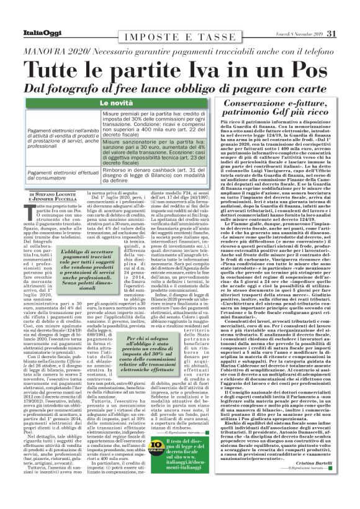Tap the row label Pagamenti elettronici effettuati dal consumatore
pyautogui.click(x=63, y=177)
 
